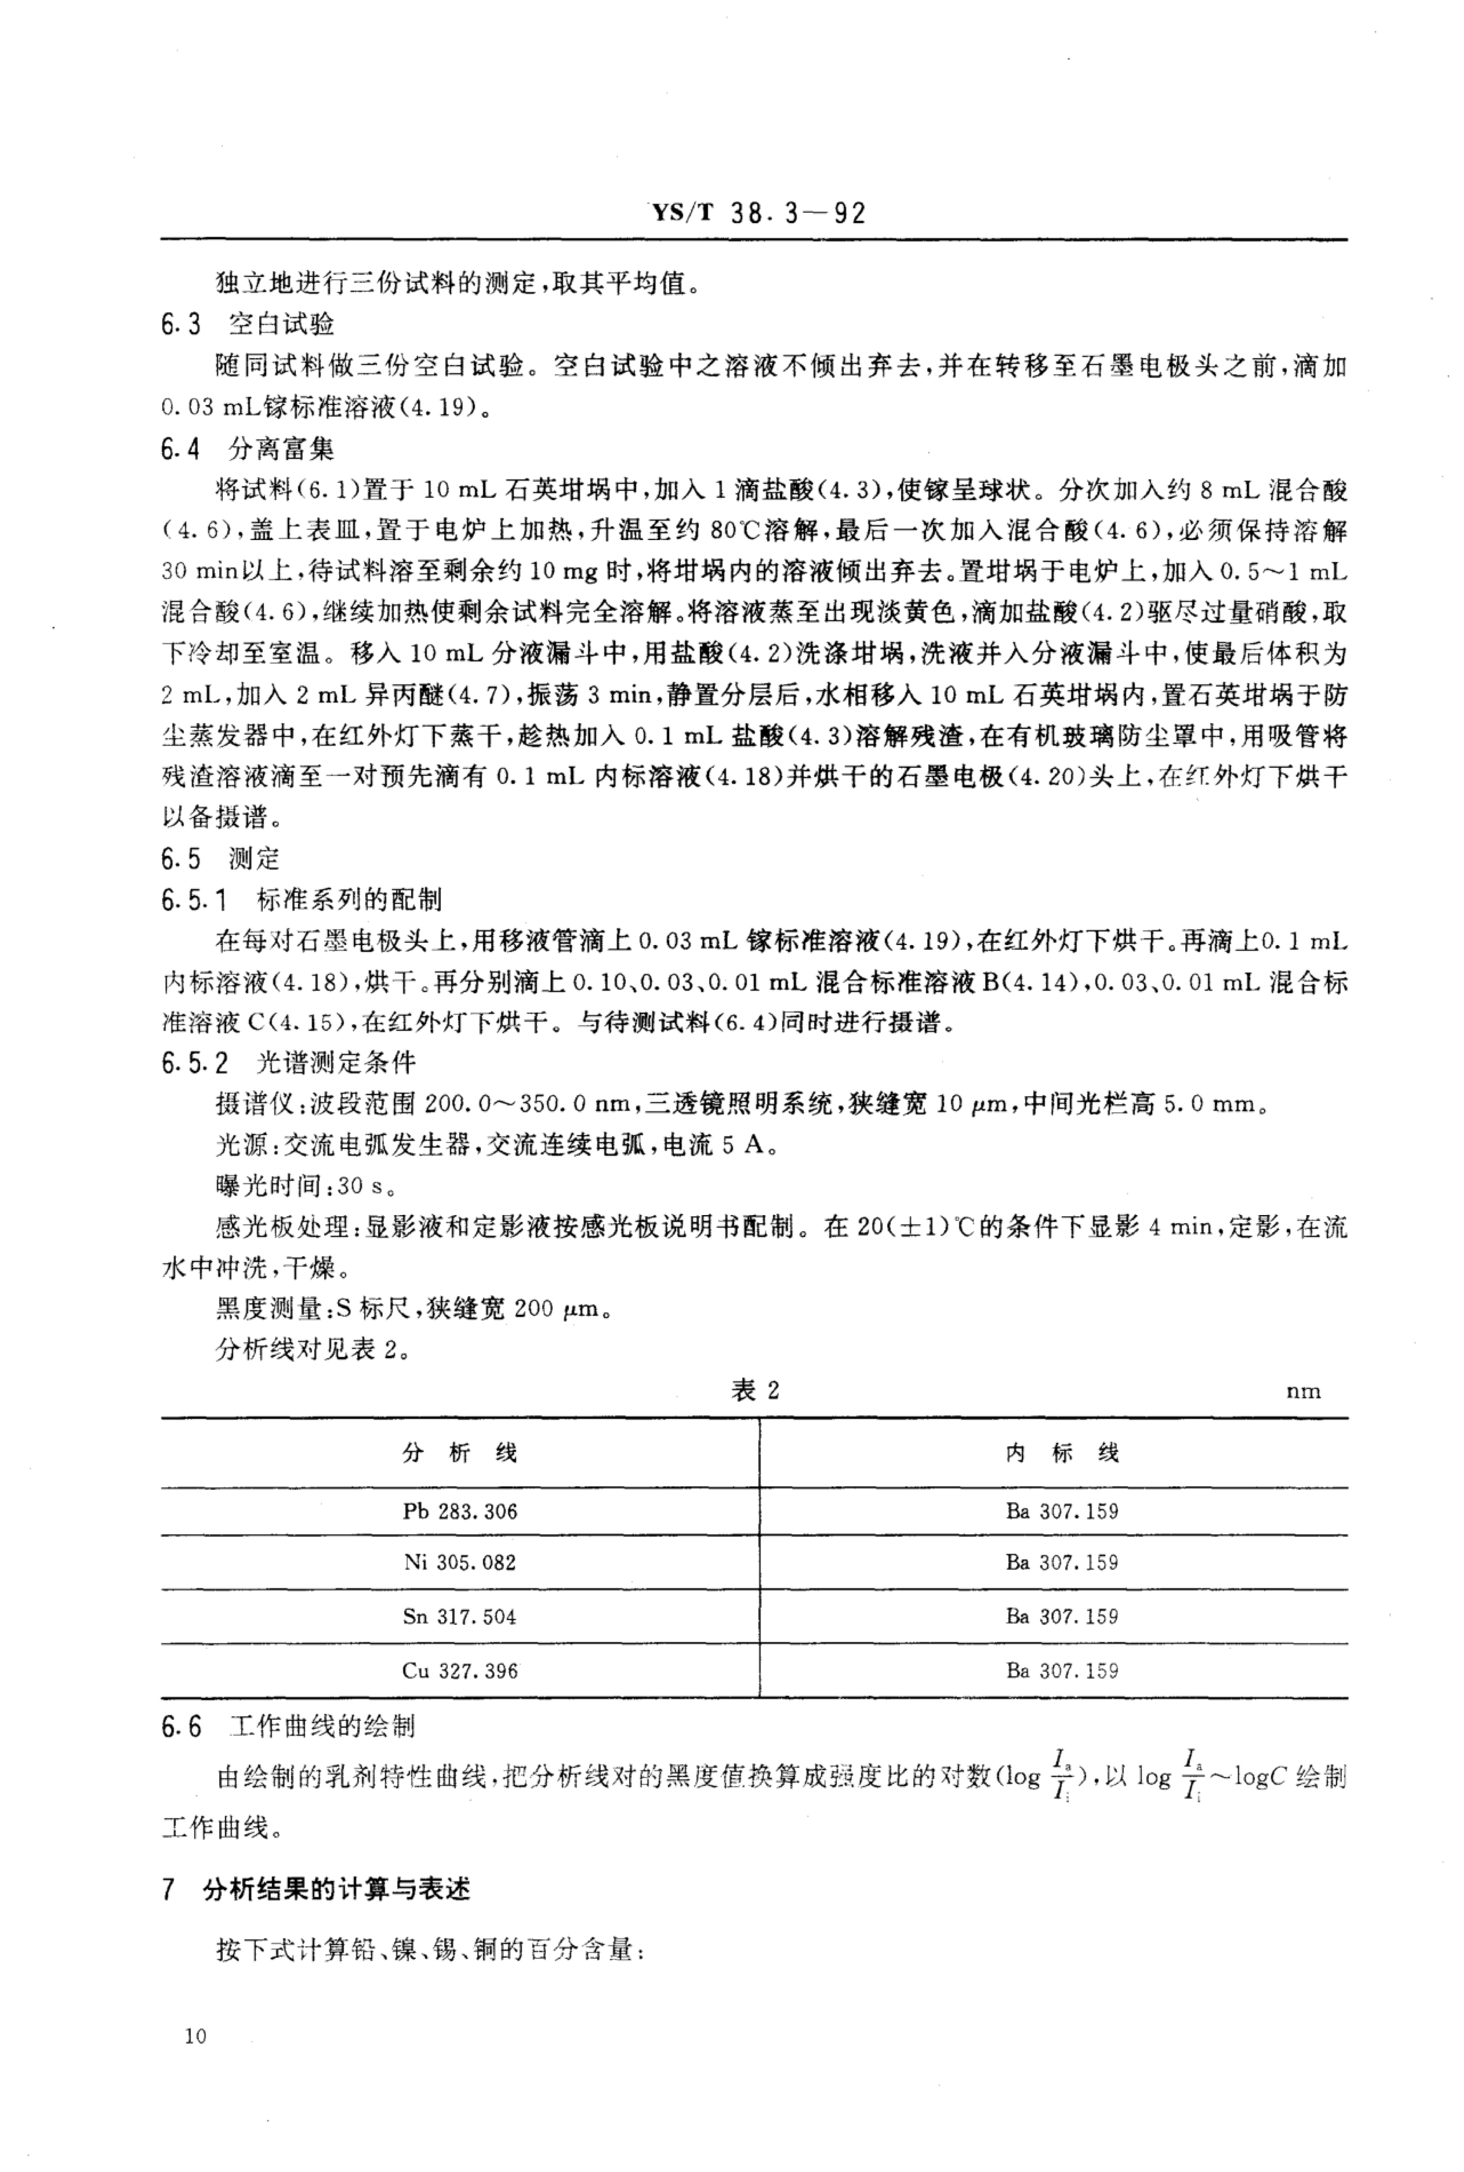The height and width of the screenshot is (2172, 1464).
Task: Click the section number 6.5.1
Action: pos(194,900)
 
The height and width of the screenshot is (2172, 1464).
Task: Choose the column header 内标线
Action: pos(1062,1453)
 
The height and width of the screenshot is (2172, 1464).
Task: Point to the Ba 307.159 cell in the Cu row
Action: pos(1062,1671)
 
